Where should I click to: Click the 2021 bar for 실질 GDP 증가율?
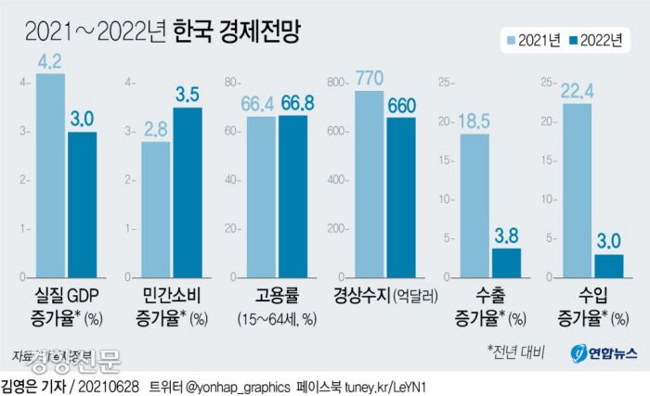coord(51,176)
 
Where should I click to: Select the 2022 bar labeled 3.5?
coord(188,193)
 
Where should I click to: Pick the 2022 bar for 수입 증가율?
coord(609,266)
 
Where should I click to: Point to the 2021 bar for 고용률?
coord(262,198)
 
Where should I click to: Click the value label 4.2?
coord(51,63)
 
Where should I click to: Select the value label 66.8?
coord(293,103)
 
